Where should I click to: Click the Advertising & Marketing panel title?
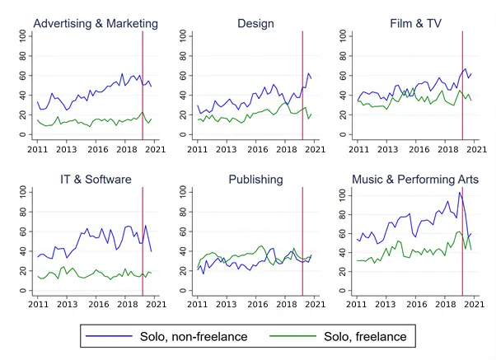(96, 23)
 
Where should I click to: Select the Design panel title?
(255, 23)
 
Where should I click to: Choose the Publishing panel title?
(255, 180)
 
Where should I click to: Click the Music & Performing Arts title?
(415, 180)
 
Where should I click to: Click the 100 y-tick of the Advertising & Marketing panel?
(22, 36)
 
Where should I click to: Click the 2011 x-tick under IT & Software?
(38, 306)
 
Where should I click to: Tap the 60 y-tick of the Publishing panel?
(182, 231)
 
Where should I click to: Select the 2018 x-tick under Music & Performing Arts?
(444, 306)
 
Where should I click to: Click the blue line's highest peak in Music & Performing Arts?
(459, 193)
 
